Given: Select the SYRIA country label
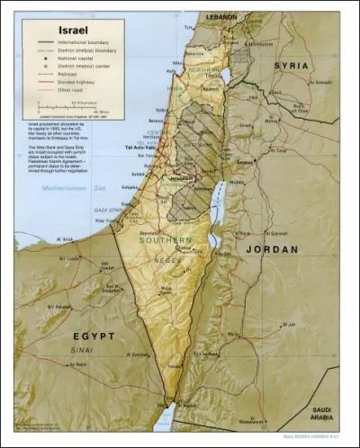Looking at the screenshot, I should pyautogui.click(x=291, y=66).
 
